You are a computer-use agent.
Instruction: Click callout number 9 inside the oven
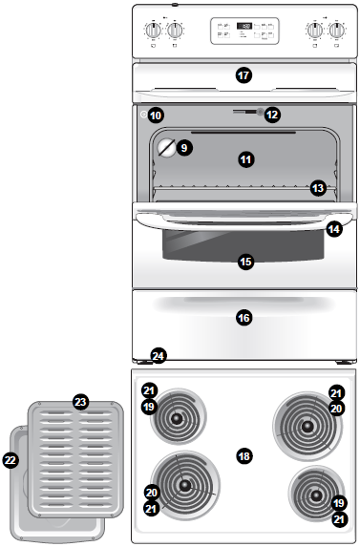click(184, 148)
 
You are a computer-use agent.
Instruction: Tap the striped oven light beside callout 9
click(167, 148)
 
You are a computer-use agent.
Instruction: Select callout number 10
click(156, 115)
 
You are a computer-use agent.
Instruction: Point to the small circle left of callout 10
click(143, 115)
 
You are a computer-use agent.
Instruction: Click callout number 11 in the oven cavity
click(245, 159)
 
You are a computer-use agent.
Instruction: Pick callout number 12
click(272, 114)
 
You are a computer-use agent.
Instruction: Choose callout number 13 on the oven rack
click(318, 189)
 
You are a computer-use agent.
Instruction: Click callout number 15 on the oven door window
click(245, 261)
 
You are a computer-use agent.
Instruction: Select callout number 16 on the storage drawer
click(244, 317)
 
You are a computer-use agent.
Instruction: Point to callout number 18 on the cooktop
click(244, 456)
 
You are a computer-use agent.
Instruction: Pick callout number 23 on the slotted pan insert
click(80, 403)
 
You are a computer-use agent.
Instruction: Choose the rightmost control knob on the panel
click(336, 31)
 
